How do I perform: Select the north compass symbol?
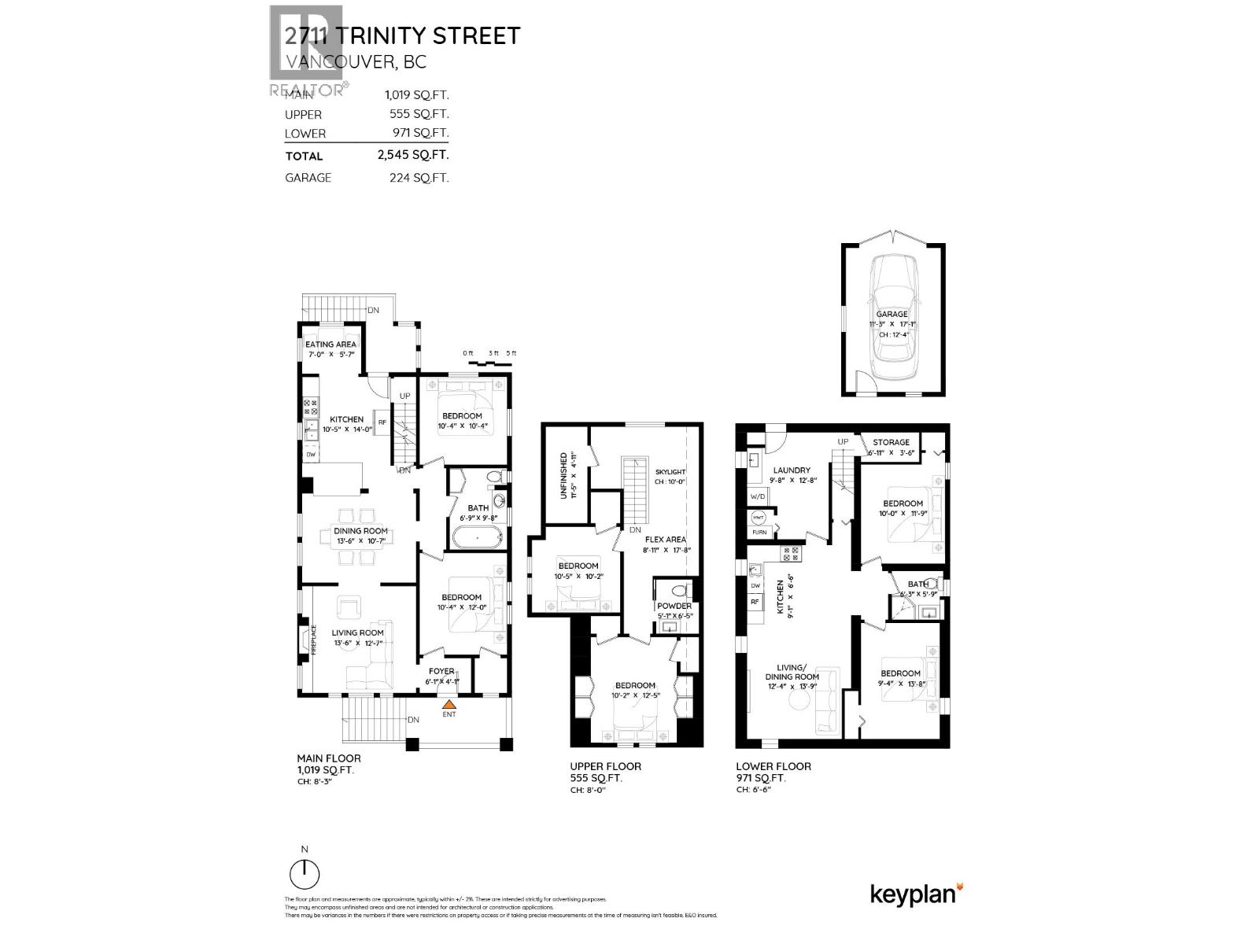305,873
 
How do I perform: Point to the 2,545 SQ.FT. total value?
412,155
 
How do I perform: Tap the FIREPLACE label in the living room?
312,640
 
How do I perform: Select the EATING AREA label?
330,344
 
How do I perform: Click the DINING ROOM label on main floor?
354,531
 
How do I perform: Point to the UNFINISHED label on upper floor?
564,474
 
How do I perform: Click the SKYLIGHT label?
670,471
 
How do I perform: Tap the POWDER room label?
674,606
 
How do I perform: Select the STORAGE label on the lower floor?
891,442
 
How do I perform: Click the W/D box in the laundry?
758,496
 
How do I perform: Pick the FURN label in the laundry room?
759,533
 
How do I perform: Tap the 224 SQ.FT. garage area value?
419,178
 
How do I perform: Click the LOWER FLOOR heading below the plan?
773,766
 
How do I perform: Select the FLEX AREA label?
666,540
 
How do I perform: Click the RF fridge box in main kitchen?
382,422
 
